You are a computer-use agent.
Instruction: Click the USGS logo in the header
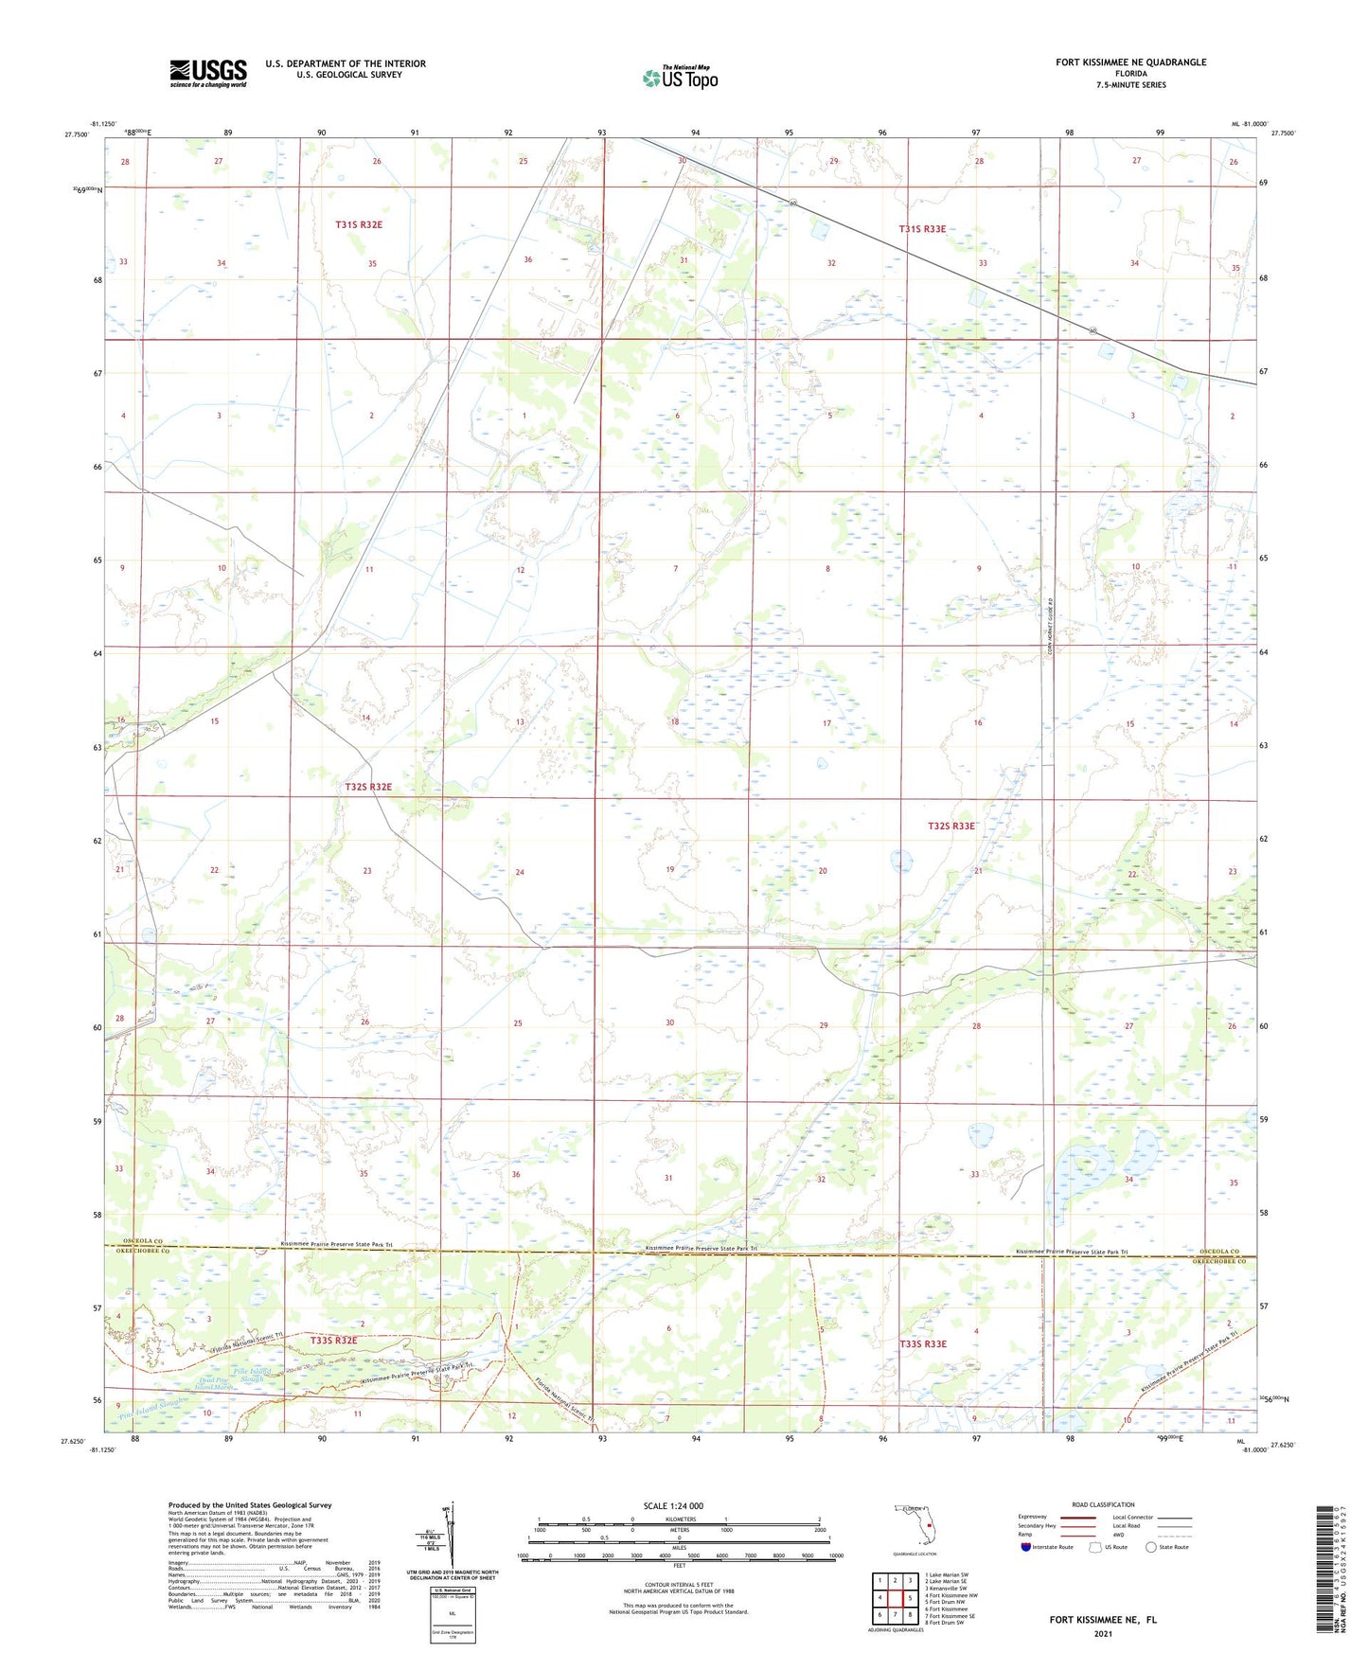(x=207, y=73)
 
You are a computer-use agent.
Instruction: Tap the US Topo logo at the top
(x=680, y=78)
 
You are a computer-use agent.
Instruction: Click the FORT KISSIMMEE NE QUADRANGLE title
(x=1130, y=62)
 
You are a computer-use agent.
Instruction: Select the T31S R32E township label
(x=359, y=224)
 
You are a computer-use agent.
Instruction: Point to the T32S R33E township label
(x=950, y=826)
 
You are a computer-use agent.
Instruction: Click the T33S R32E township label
(x=334, y=1341)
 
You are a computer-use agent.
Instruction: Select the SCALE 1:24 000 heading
(x=672, y=1505)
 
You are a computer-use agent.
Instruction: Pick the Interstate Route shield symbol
(x=1025, y=1547)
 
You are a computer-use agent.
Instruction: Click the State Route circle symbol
(x=1150, y=1547)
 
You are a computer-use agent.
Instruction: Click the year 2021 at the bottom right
(x=1102, y=1634)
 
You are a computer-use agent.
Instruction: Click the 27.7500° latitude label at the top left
(x=70, y=134)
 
